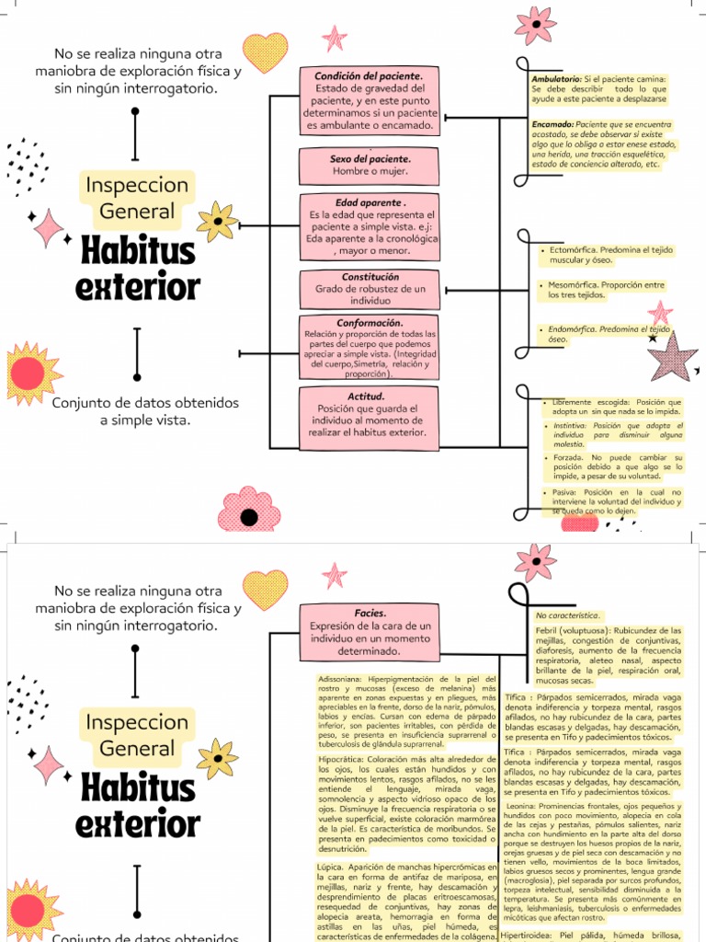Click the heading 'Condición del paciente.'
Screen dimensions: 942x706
click(369, 75)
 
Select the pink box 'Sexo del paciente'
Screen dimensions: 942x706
click(369, 165)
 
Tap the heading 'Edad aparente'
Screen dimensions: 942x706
click(369, 202)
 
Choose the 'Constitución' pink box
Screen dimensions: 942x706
click(370, 288)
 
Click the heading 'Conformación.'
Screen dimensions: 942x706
click(370, 323)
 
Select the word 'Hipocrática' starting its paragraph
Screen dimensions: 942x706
click(338, 759)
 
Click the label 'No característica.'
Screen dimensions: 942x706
click(567, 615)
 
